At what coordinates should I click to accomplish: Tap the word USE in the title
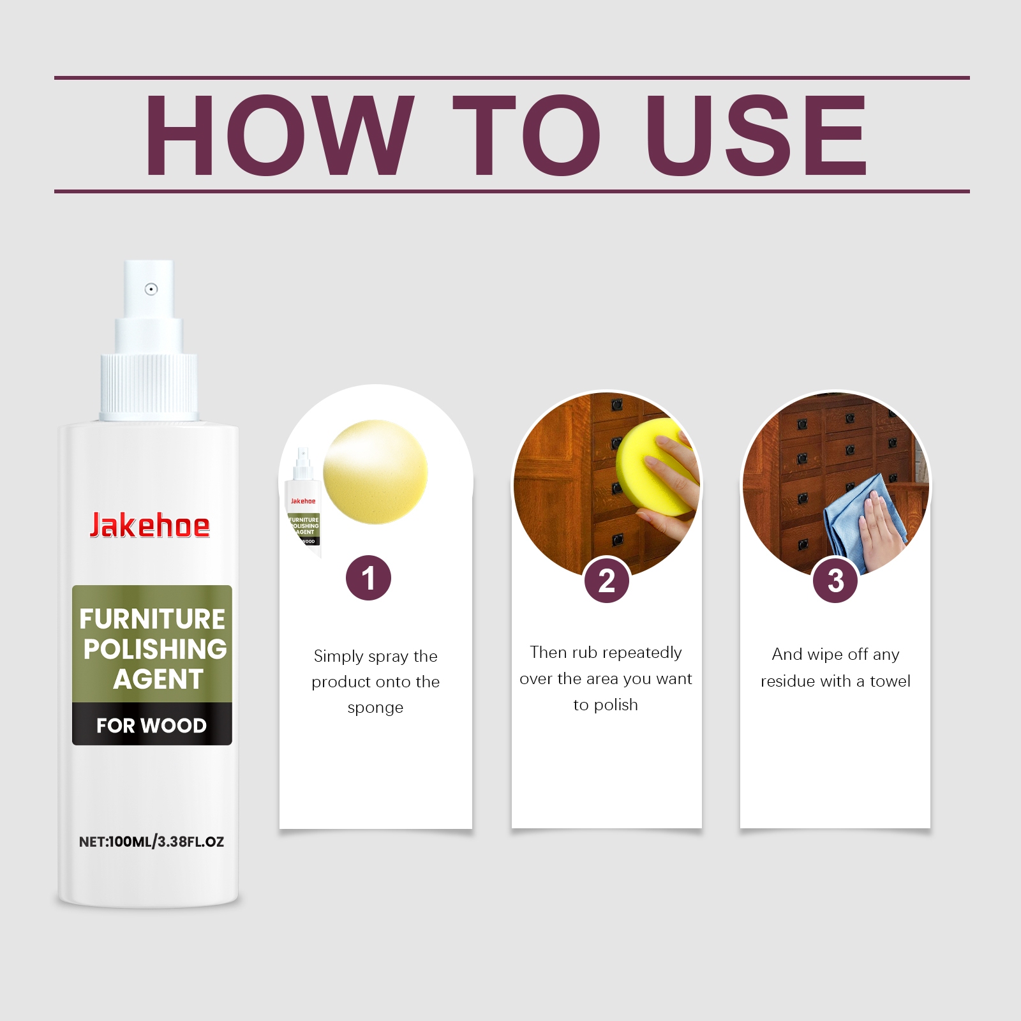click(x=756, y=135)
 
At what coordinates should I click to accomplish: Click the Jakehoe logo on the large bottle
click(x=149, y=526)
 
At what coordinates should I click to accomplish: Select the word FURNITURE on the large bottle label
click(x=152, y=619)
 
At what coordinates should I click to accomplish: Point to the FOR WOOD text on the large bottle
click(x=152, y=726)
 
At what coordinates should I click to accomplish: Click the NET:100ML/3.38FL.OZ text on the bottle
click(x=151, y=842)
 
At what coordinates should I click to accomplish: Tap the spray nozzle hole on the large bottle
click(x=151, y=289)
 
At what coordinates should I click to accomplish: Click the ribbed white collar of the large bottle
click(x=149, y=386)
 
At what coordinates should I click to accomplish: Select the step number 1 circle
click(x=368, y=578)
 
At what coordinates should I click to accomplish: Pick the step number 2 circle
click(x=607, y=581)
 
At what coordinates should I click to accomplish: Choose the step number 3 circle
click(x=835, y=581)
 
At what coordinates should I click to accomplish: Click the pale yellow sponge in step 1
click(x=375, y=472)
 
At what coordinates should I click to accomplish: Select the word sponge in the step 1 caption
click(x=375, y=708)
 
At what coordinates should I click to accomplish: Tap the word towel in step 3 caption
click(x=890, y=681)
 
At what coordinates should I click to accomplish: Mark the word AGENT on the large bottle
click(x=158, y=679)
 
